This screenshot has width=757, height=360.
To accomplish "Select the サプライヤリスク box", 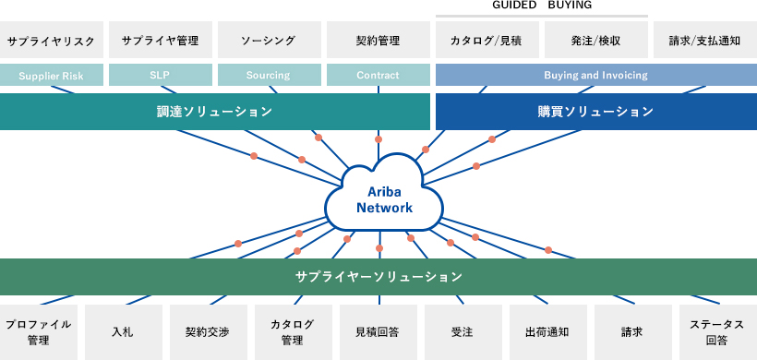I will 52,41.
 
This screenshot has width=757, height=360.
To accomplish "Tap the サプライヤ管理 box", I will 161,41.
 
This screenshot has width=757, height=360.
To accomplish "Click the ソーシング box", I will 268,41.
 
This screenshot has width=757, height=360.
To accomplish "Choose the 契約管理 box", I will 378,41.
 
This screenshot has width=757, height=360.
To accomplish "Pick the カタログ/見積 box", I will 487,41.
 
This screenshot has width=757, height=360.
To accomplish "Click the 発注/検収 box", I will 595,41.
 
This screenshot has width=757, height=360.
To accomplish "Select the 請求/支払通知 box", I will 704,41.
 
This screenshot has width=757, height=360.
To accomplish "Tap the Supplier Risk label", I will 52,75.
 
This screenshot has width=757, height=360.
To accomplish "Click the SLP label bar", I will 161,75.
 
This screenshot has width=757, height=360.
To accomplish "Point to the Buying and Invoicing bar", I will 595,75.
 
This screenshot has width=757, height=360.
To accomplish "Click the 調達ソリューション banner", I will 215,112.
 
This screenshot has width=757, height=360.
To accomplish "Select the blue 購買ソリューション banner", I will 595,112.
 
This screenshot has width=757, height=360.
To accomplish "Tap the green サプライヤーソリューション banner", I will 378,276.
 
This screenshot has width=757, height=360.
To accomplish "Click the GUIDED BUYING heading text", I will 542,6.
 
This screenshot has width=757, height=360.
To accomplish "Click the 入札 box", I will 123,331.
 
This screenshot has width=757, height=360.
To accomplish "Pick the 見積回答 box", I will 378,331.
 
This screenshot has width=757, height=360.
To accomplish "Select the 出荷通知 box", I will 547,331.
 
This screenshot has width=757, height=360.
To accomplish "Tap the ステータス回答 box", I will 717,331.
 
